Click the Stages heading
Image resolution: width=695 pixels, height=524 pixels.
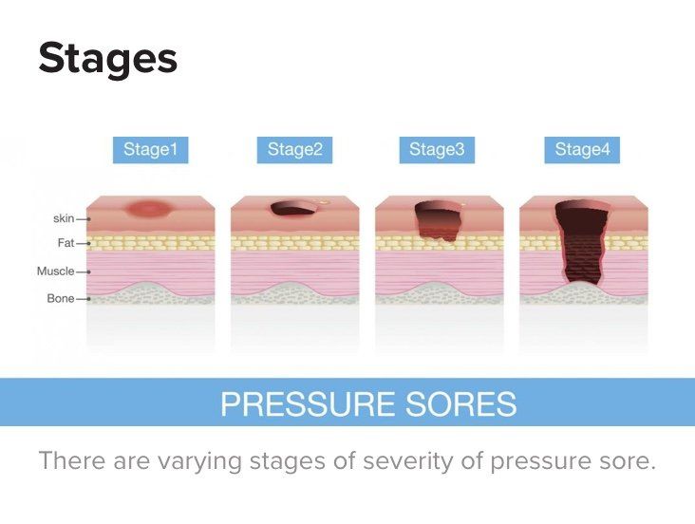[107, 59]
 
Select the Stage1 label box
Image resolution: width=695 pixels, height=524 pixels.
[150, 150]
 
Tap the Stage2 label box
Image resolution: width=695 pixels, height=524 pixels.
[294, 150]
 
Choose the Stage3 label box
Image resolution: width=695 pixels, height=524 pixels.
[437, 150]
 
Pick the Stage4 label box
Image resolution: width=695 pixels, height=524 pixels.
[582, 150]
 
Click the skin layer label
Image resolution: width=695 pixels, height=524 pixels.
[64, 218]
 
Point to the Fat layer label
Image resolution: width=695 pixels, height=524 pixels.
[66, 243]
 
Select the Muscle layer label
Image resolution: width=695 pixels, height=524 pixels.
[55, 271]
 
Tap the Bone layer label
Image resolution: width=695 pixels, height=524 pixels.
[61, 299]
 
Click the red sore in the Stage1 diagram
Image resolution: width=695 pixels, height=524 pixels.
[148, 208]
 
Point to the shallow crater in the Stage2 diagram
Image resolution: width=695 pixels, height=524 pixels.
[293, 209]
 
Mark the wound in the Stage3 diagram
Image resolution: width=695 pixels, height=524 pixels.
[438, 222]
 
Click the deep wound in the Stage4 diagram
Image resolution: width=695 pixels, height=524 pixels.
[581, 242]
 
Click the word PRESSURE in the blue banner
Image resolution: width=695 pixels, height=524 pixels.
[309, 403]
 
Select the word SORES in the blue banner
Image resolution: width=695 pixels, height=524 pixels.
[461, 403]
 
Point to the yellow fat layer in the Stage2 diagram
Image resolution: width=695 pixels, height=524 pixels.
[294, 243]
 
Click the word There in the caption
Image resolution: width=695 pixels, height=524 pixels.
[73, 460]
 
